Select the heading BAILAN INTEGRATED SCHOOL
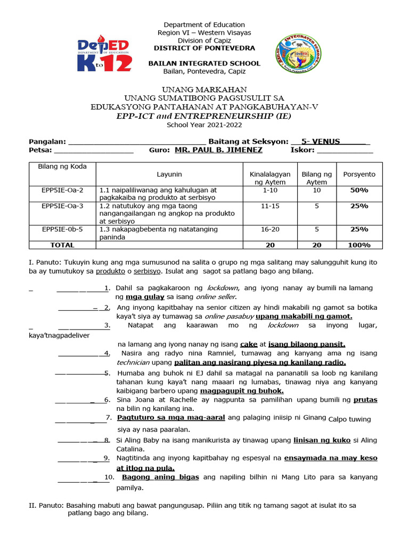point(204,63)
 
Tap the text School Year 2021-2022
point(204,125)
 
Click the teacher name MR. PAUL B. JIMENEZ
point(218,150)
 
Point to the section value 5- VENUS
point(320,142)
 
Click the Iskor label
point(302,150)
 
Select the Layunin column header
point(169,174)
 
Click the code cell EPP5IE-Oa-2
point(62,190)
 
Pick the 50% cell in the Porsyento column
point(359,190)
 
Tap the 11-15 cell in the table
point(270,205)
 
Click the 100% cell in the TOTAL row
point(359,245)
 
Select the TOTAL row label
point(62,245)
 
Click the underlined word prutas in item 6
point(365,399)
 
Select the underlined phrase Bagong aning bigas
point(161,477)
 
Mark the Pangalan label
point(47,142)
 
